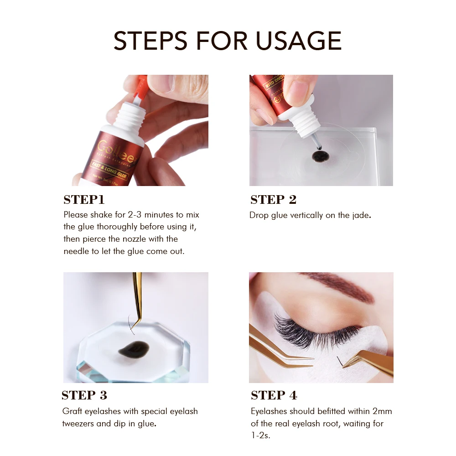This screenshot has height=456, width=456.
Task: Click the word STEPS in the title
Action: coord(150,41)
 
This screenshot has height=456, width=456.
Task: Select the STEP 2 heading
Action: coord(274,200)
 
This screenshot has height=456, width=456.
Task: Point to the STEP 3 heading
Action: coord(84,395)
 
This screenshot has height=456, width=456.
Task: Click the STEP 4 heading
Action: coord(274,395)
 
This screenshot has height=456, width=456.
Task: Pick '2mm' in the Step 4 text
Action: coord(382,411)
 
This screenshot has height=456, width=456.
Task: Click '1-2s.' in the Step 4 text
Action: coord(261,435)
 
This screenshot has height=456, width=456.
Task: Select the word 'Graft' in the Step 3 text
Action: coord(72,411)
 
